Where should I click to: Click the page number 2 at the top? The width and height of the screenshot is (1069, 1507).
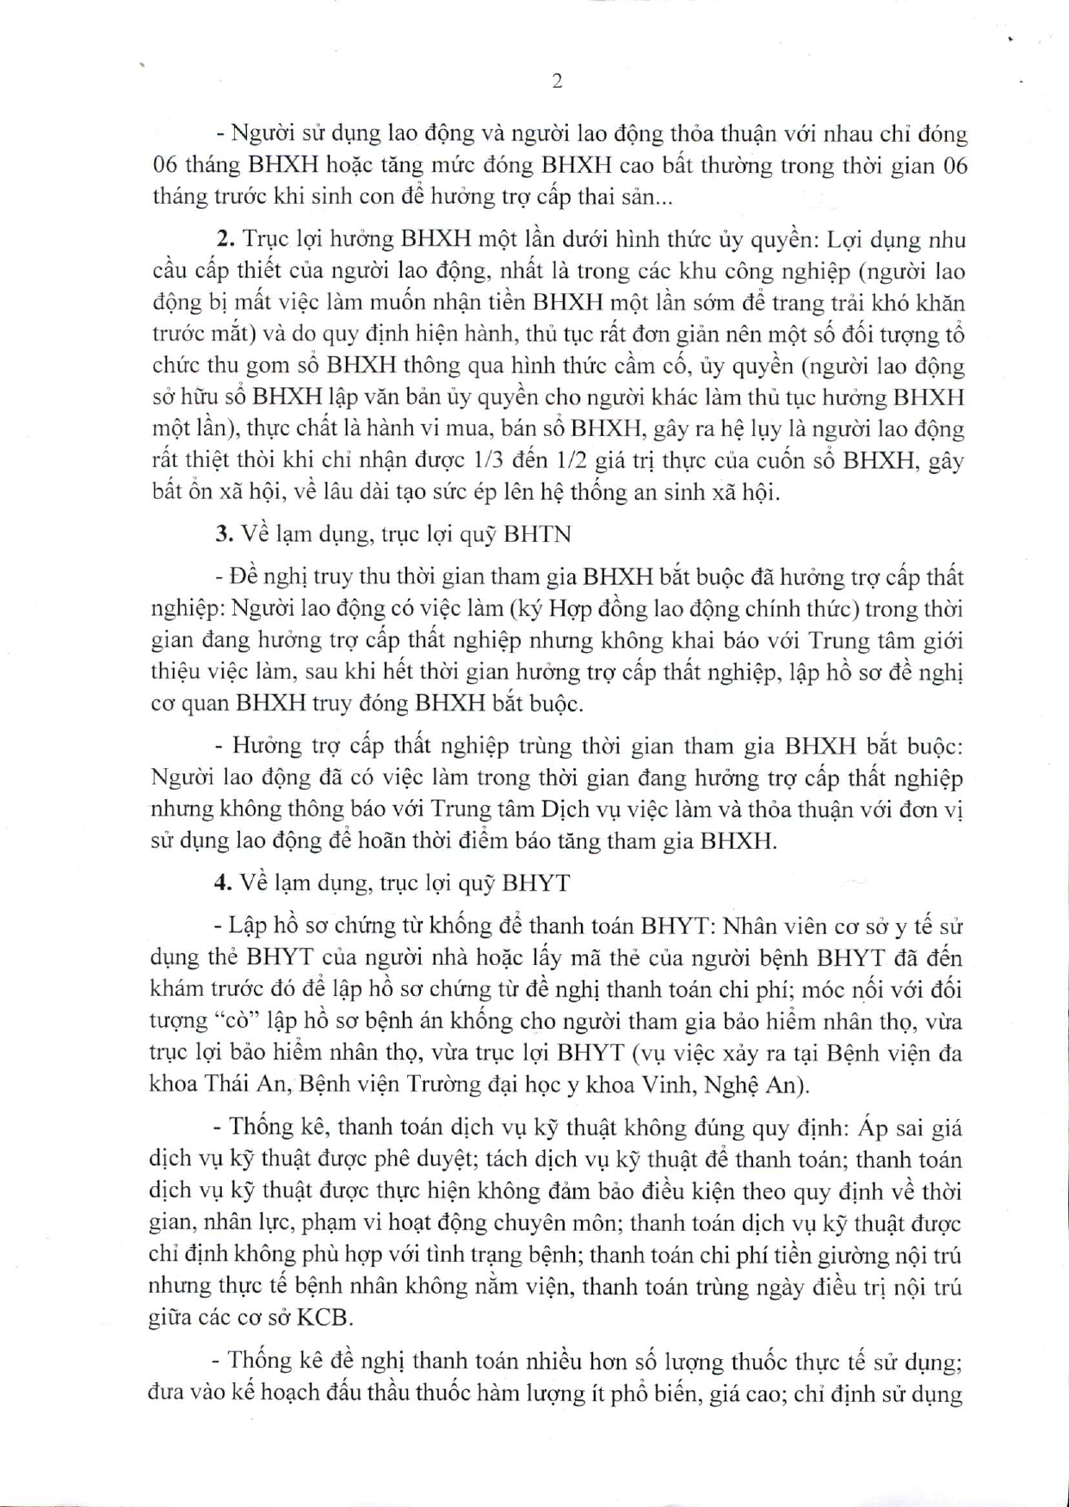point(557,82)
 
